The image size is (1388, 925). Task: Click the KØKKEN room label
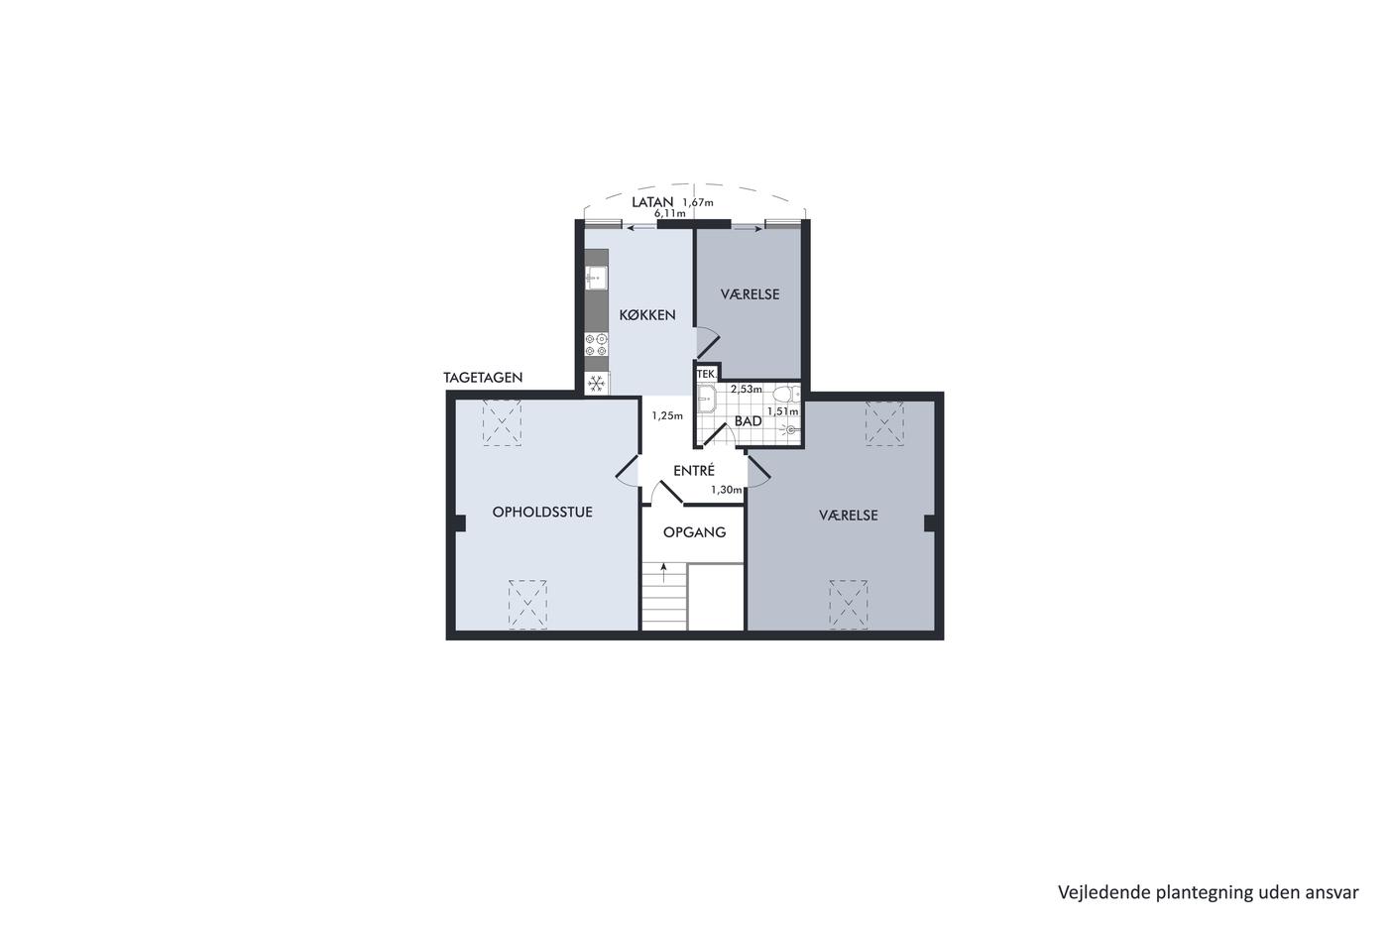pyautogui.click(x=646, y=314)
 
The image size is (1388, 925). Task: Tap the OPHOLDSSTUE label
pyautogui.click(x=542, y=513)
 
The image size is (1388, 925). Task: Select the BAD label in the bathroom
pyautogui.click(x=748, y=421)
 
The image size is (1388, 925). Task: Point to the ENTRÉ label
pyautogui.click(x=694, y=470)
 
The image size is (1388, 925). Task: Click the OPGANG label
pyautogui.click(x=694, y=532)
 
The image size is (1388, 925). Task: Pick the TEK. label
pyautogui.click(x=707, y=374)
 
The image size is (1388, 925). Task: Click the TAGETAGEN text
pyautogui.click(x=483, y=378)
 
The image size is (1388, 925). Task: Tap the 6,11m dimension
pyautogui.click(x=670, y=213)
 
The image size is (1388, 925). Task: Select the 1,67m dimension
pyautogui.click(x=698, y=202)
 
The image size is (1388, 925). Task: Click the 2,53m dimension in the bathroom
pyautogui.click(x=746, y=389)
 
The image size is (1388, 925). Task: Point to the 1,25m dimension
pyautogui.click(x=666, y=415)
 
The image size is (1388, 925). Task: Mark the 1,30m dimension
pyautogui.click(x=726, y=490)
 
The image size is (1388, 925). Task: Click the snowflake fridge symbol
pyautogui.click(x=596, y=384)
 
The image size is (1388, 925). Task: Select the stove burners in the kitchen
pyautogui.click(x=596, y=345)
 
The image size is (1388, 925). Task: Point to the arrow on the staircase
pyautogui.click(x=664, y=572)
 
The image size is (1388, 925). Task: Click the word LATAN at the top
pyautogui.click(x=652, y=202)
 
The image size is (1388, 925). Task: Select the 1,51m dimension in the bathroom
pyautogui.click(x=782, y=411)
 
